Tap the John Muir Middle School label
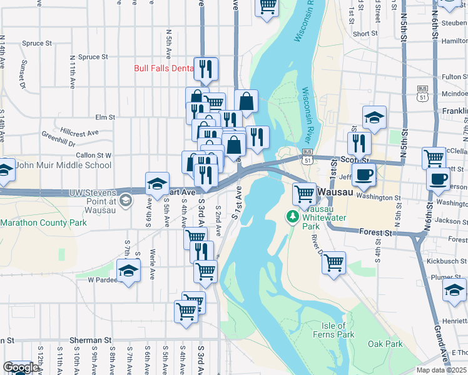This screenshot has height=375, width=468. click(63, 166)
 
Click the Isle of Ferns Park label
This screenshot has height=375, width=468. click(333, 330)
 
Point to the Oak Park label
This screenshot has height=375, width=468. click(385, 344)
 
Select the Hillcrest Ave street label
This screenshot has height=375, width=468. click(80, 132)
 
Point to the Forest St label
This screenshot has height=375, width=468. click(375, 232)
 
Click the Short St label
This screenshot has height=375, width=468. click(365, 34)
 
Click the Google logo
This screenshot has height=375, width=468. click(21, 367)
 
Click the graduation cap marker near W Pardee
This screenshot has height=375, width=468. click(128, 271)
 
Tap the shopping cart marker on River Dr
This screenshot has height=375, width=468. click(334, 262)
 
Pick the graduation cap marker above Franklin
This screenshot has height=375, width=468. click(374, 117)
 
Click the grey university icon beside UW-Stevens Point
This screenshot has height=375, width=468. click(126, 201)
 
